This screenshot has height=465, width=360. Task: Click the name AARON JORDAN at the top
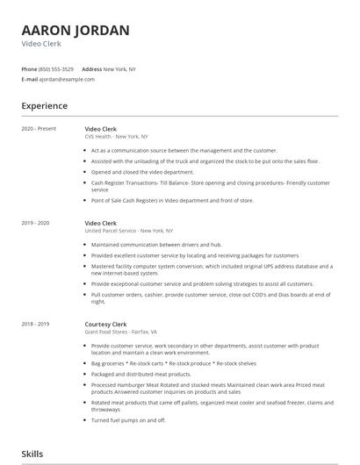[x=76, y=31]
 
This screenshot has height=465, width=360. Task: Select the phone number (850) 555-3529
[x=56, y=68]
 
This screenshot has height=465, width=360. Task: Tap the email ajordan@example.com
[x=67, y=79]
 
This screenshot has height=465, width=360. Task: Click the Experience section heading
[x=44, y=106]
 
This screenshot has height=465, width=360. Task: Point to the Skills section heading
[x=32, y=454]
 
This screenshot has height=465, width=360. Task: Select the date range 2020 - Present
[x=39, y=129]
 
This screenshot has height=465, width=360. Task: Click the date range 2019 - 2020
[x=36, y=224]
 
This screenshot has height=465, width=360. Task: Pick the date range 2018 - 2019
[x=36, y=325]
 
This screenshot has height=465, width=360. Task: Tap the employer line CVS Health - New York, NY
[x=116, y=138]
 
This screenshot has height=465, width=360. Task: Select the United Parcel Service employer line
[x=123, y=232]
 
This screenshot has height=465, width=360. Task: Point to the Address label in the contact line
[x=91, y=68]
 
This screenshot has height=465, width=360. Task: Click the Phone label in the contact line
[x=29, y=68]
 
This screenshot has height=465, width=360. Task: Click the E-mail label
[x=29, y=79]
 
